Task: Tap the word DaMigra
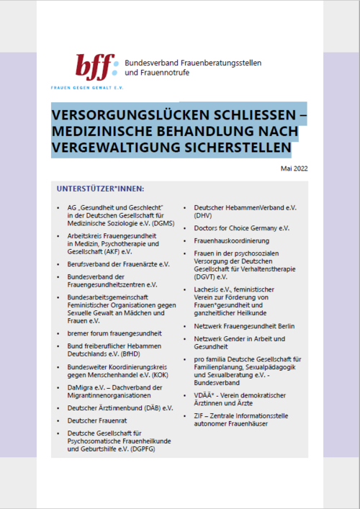(81, 388)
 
